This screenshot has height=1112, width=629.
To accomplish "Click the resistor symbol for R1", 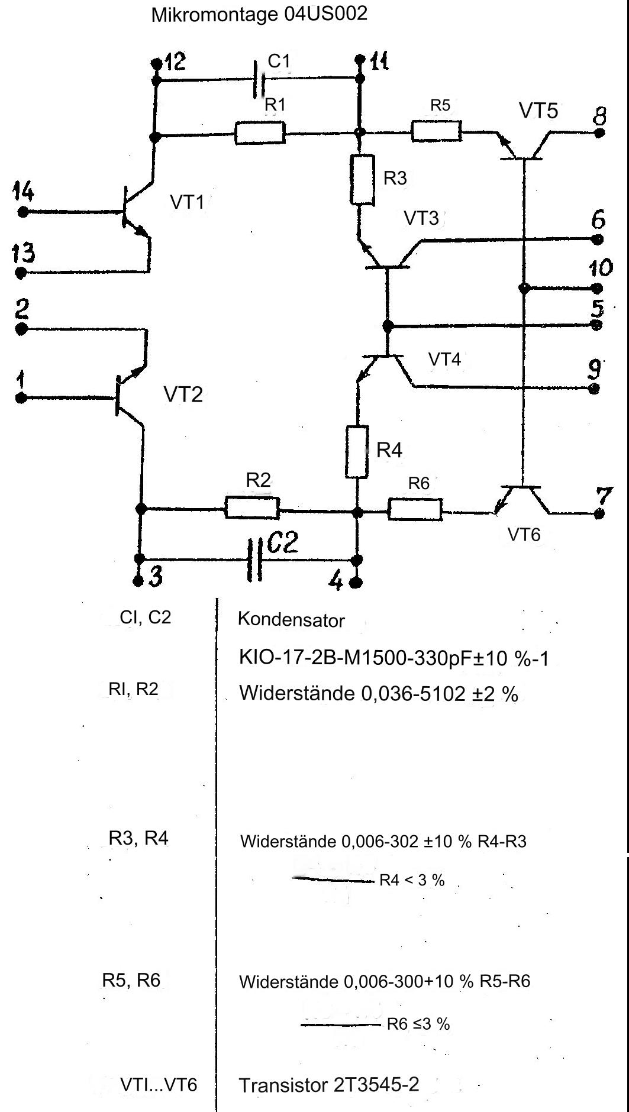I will [260, 132].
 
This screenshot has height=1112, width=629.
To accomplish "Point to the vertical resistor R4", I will [356, 451].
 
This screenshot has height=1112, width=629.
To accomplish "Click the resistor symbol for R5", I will [436, 131].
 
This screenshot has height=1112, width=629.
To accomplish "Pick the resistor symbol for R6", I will [415, 509].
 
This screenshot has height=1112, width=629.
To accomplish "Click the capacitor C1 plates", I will [258, 79].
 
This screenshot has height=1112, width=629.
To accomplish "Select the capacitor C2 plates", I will [254, 559].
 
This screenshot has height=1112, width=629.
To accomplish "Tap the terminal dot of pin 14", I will [22, 211].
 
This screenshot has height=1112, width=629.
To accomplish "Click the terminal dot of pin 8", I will [599, 132].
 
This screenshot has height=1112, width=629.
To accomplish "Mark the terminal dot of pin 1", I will [21, 398].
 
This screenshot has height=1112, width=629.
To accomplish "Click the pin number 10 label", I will [600, 268].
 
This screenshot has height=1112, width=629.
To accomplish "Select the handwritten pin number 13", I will [24, 254].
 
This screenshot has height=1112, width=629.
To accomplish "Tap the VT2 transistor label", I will [183, 394].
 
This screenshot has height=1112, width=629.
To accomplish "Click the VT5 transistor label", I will [538, 110].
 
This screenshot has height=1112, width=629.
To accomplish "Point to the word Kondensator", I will [291, 620].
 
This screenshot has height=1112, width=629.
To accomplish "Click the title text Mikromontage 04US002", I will [259, 14].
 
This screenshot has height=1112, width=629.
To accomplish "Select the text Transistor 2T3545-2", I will [329, 1085].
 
